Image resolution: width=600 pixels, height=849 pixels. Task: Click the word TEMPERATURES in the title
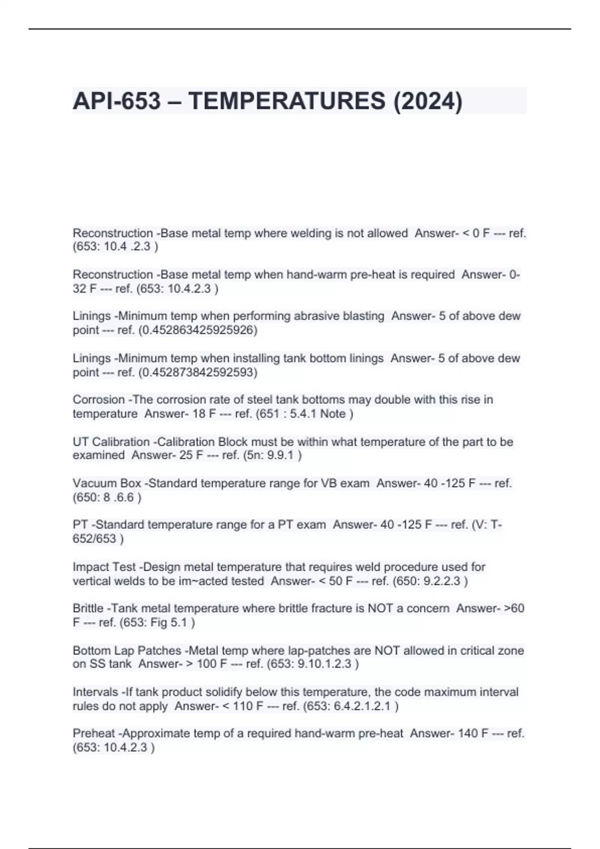tap(287, 101)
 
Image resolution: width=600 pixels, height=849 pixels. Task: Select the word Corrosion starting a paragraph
tap(98, 400)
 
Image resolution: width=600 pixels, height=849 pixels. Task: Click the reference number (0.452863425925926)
tap(197, 330)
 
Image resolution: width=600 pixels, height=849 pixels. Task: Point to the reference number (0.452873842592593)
tap(197, 372)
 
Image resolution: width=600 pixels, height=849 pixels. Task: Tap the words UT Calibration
tap(111, 442)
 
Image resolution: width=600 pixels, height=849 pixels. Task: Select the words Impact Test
tap(104, 567)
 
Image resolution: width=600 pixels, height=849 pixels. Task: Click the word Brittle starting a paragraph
tap(88, 608)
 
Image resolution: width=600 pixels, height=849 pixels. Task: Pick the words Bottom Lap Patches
tap(126, 651)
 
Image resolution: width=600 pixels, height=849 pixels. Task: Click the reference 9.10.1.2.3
tap(325, 664)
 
